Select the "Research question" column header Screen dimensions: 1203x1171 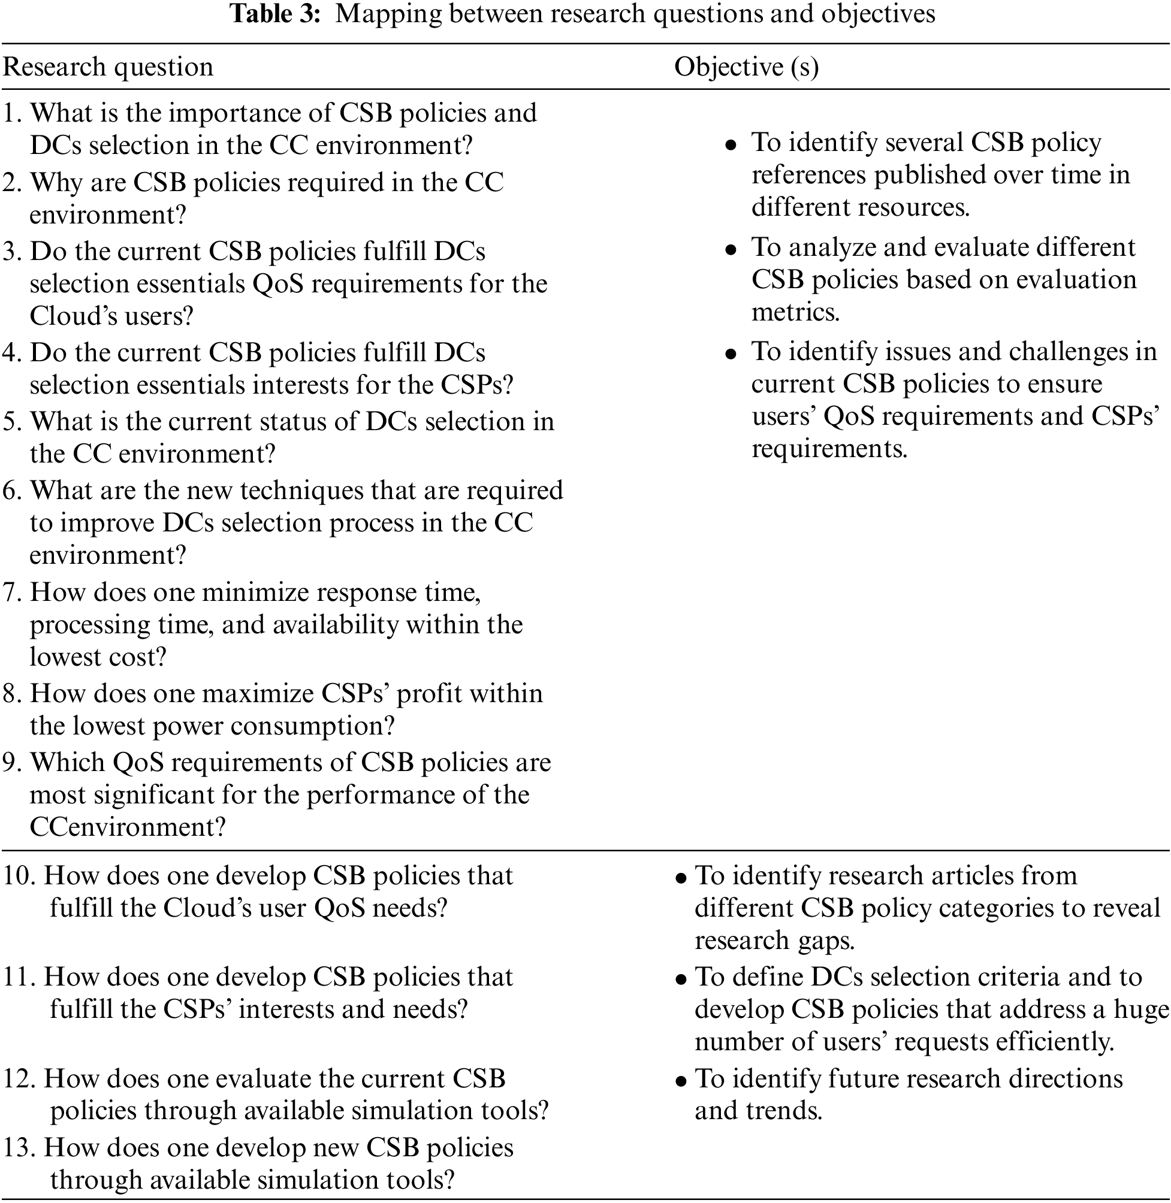click(108, 67)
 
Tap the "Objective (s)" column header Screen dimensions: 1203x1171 click(746, 67)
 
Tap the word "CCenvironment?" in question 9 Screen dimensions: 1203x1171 click(128, 827)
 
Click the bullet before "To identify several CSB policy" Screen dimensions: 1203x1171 click(731, 145)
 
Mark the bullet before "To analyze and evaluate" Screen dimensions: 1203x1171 click(731, 250)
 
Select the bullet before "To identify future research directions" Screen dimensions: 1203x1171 click(680, 1081)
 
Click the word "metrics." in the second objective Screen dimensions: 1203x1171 click(795, 312)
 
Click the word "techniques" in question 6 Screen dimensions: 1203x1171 click(294, 491)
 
